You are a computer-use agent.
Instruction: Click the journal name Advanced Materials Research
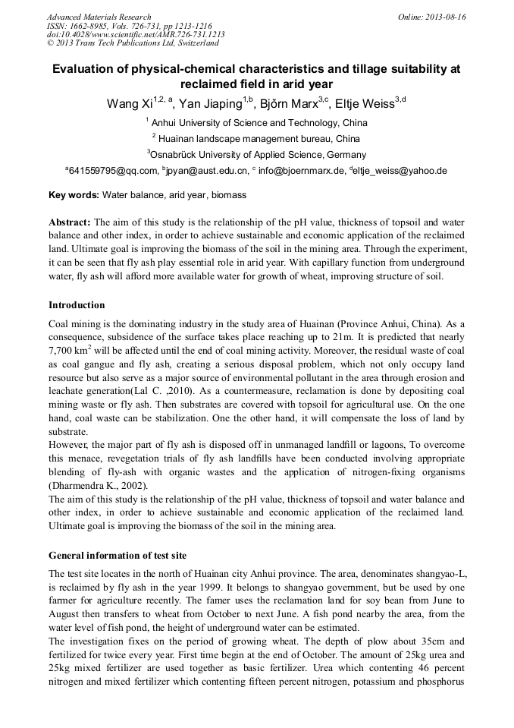point(99,17)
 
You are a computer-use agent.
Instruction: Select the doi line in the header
point(136,35)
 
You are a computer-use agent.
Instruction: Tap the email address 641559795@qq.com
point(114,171)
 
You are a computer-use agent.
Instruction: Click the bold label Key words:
point(74,195)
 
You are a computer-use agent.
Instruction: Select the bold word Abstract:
point(70,222)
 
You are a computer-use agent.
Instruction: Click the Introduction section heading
point(77,305)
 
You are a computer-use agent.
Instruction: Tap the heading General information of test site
point(118,555)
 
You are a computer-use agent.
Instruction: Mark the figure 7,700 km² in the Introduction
point(71,351)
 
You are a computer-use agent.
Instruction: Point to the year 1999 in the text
point(230,587)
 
